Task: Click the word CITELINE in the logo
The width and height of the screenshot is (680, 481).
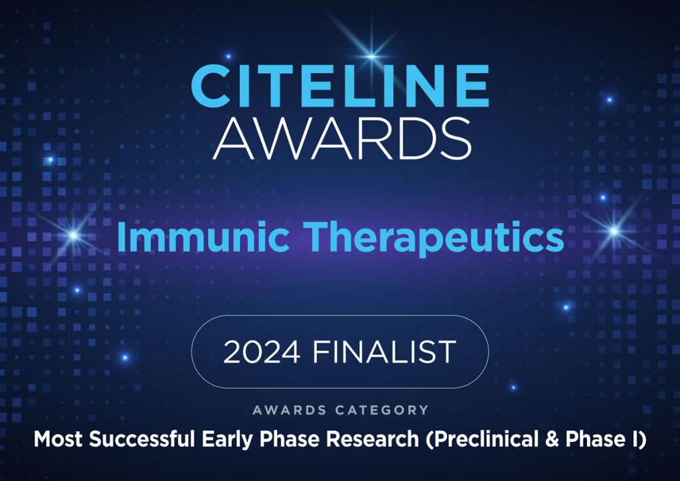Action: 340,86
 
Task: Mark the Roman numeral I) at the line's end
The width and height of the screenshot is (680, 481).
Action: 634,440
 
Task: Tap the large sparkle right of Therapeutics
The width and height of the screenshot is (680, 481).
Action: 614,231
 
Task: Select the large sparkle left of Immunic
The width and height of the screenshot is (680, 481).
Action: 73,235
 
